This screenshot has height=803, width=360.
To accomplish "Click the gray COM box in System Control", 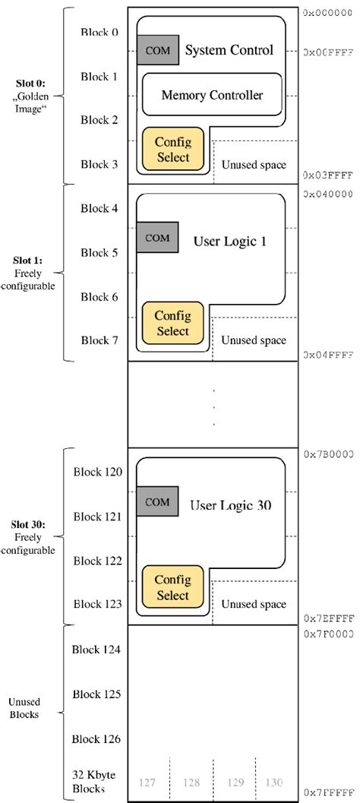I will pos(157,50).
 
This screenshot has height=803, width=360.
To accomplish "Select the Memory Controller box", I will pos(212,95).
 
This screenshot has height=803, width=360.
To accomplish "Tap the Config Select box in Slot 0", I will pos(172,149).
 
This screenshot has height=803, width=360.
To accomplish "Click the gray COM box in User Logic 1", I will pos(157,238).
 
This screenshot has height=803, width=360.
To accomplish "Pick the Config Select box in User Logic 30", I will pos(172,588).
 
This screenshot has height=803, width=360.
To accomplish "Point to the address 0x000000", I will pos(330,13).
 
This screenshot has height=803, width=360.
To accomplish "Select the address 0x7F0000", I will pos(330,632).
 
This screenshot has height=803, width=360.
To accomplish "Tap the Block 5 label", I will pos(99,252).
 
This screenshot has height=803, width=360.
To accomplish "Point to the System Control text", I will pos(229,51).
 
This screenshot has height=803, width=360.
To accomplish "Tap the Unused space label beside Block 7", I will pos(254,340).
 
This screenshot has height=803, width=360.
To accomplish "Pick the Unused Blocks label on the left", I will pos(30,708).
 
